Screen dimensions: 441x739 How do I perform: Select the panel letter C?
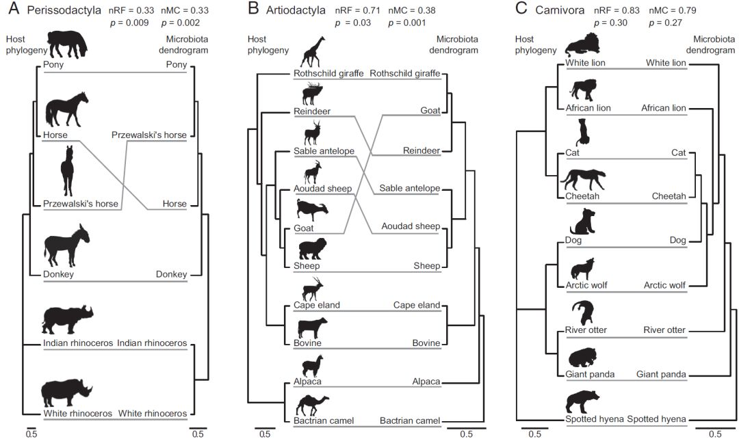point(521,9)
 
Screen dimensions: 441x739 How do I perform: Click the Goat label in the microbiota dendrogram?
point(430,111)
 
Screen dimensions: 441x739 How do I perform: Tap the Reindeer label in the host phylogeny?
point(312,111)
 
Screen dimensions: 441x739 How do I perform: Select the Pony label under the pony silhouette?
point(53,65)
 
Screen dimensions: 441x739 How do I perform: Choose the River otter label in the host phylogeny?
point(586,330)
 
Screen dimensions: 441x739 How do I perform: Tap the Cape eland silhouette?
point(311,288)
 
